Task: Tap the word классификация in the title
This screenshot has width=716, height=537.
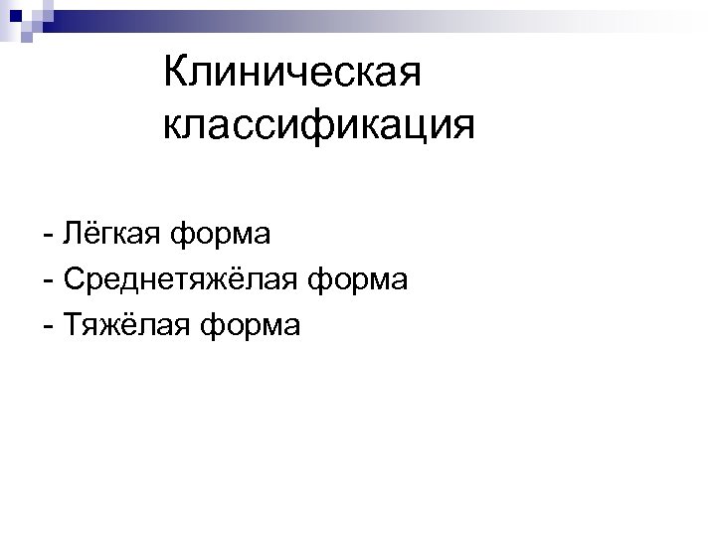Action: coord(317,126)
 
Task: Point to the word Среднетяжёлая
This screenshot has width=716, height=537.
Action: coord(178,280)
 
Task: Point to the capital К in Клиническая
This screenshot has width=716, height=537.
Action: coord(174,73)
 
